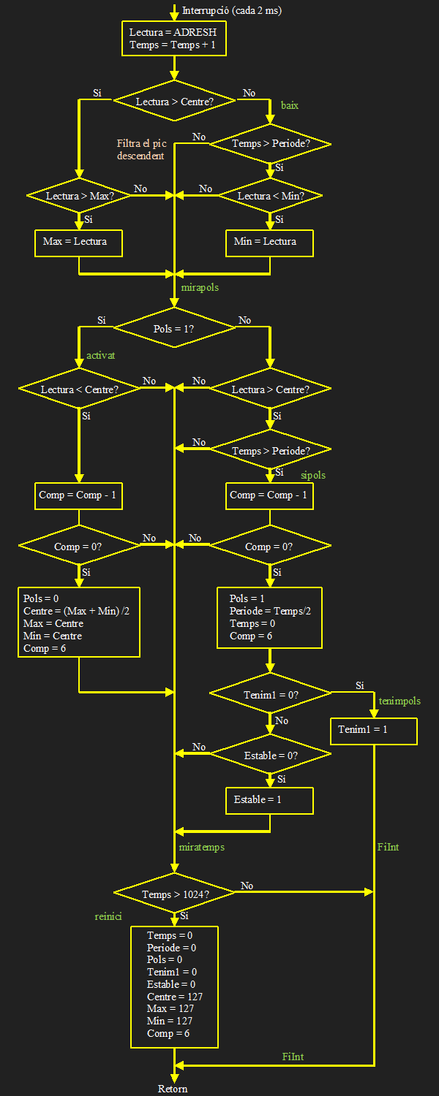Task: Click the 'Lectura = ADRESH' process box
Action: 173,39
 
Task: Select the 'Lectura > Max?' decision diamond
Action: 78,196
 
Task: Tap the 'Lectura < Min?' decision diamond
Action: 270,196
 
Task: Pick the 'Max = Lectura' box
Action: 78,243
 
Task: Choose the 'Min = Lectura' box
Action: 270,243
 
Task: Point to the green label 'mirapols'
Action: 200,288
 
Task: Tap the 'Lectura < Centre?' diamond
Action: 78,389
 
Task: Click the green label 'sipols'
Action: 313,476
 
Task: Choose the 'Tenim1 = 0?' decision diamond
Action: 270,694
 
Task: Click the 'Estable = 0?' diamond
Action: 270,756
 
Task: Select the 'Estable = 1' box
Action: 269,800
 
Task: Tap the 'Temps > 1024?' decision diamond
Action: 174,894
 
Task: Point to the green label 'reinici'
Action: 108,916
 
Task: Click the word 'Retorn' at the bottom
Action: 173,1089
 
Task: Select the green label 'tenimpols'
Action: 399,701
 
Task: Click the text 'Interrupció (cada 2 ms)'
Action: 232,10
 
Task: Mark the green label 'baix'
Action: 290,105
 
